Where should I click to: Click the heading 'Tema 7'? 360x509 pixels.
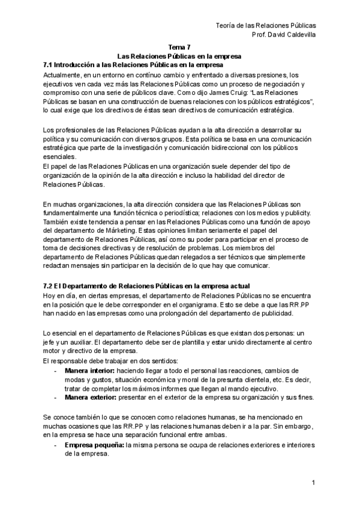click(179, 47)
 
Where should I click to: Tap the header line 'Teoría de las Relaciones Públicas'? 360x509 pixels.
click(266, 25)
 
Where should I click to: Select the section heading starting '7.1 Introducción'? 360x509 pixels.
click(134, 64)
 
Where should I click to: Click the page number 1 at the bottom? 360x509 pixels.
click(314, 483)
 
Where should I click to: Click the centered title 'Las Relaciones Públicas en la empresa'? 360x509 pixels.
click(179, 56)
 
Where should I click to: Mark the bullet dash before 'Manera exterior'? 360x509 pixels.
click(55, 398)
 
